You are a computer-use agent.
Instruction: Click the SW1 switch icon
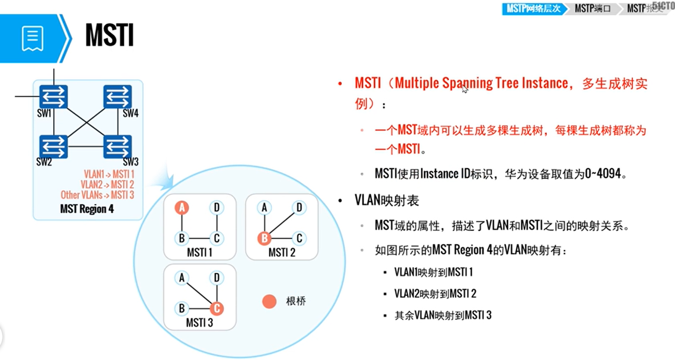pos(53,97)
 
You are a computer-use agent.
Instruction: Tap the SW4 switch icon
pos(118,97)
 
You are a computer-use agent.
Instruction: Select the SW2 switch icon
pos(53,147)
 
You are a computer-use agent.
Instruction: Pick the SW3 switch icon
pos(118,147)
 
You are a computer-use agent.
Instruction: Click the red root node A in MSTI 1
pos(182,208)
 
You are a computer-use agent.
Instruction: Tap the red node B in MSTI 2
pos(264,239)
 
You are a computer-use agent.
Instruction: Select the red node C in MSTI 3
pos(217,308)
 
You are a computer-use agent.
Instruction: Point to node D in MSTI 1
pos(217,208)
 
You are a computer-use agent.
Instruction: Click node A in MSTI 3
pos(182,277)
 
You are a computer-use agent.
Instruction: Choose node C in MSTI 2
pos(299,239)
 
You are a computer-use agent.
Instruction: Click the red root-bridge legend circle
pos(269,301)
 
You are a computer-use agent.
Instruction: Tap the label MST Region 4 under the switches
pos(87,209)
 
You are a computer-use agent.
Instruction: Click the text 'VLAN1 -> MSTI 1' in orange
pos(109,174)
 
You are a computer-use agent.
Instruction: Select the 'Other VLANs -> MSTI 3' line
pos(97,195)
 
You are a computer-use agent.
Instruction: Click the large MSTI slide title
pos(109,35)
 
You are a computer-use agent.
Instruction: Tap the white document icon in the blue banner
pos(32,38)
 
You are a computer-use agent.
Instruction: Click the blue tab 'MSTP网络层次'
pos(533,8)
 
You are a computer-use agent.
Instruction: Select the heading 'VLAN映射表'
pos(387,200)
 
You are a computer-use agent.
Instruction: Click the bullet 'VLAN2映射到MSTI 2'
pos(435,294)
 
